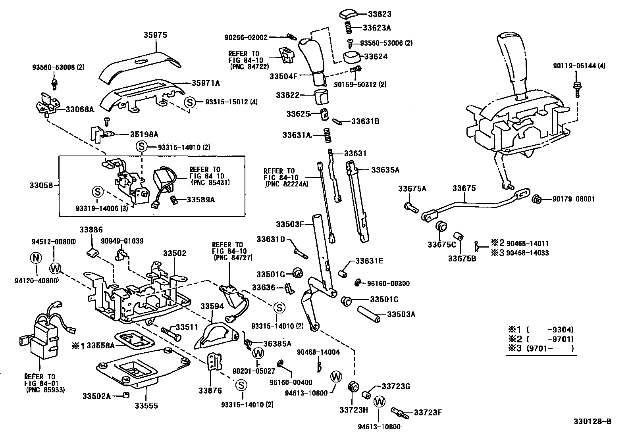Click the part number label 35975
pos(155,35)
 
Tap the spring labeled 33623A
pos(348,28)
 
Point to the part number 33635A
pos(385,170)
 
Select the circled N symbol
pos(36,258)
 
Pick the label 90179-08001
pos(573,199)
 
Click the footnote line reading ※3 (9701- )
pos(541,349)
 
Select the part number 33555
pos(146,405)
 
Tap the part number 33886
pos(91,229)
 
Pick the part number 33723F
pos(428,412)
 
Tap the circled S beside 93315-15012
pos(190,102)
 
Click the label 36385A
pos(277,344)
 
